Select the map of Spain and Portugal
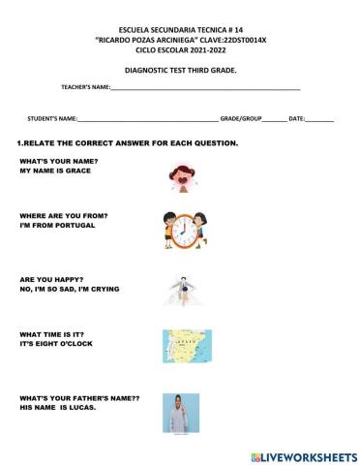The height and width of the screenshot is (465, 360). point(181,346)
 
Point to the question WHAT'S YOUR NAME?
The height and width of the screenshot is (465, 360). point(59,160)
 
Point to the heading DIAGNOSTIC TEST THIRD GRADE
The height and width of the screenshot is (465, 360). point(181,70)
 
